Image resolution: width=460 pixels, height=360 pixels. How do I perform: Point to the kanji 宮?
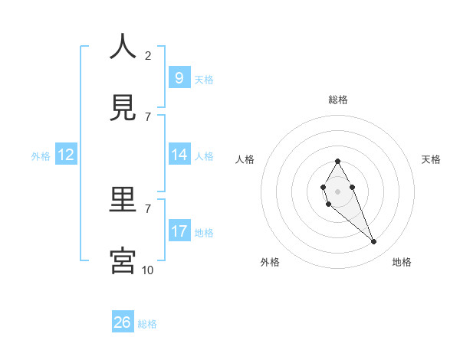coord(123,260)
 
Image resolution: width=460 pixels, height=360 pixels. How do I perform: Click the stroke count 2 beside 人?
coord(148,55)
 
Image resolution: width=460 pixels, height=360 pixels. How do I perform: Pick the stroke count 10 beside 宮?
coord(148,270)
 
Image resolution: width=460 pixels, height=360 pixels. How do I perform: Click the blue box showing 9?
coord(179,78)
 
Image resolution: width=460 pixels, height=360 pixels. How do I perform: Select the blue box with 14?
coord(179,155)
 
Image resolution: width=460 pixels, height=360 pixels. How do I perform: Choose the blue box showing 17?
coord(179,231)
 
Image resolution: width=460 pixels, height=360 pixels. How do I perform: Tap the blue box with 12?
coord(66,155)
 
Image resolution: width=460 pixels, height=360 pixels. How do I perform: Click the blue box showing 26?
coord(122,322)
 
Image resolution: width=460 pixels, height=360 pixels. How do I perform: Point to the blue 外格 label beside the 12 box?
coord(41,156)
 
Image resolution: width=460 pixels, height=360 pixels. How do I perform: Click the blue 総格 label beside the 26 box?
coord(147,324)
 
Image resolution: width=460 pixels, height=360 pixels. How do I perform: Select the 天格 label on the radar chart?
coord(431,159)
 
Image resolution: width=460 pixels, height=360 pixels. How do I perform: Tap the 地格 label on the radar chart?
coord(402,262)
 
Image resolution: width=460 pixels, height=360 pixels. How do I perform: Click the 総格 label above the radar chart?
coord(338,100)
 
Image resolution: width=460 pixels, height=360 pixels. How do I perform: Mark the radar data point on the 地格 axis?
coord(374,242)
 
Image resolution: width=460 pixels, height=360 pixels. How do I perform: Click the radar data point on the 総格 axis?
coord(337,161)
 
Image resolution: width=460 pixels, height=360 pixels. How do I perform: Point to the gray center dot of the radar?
coord(337,190)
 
